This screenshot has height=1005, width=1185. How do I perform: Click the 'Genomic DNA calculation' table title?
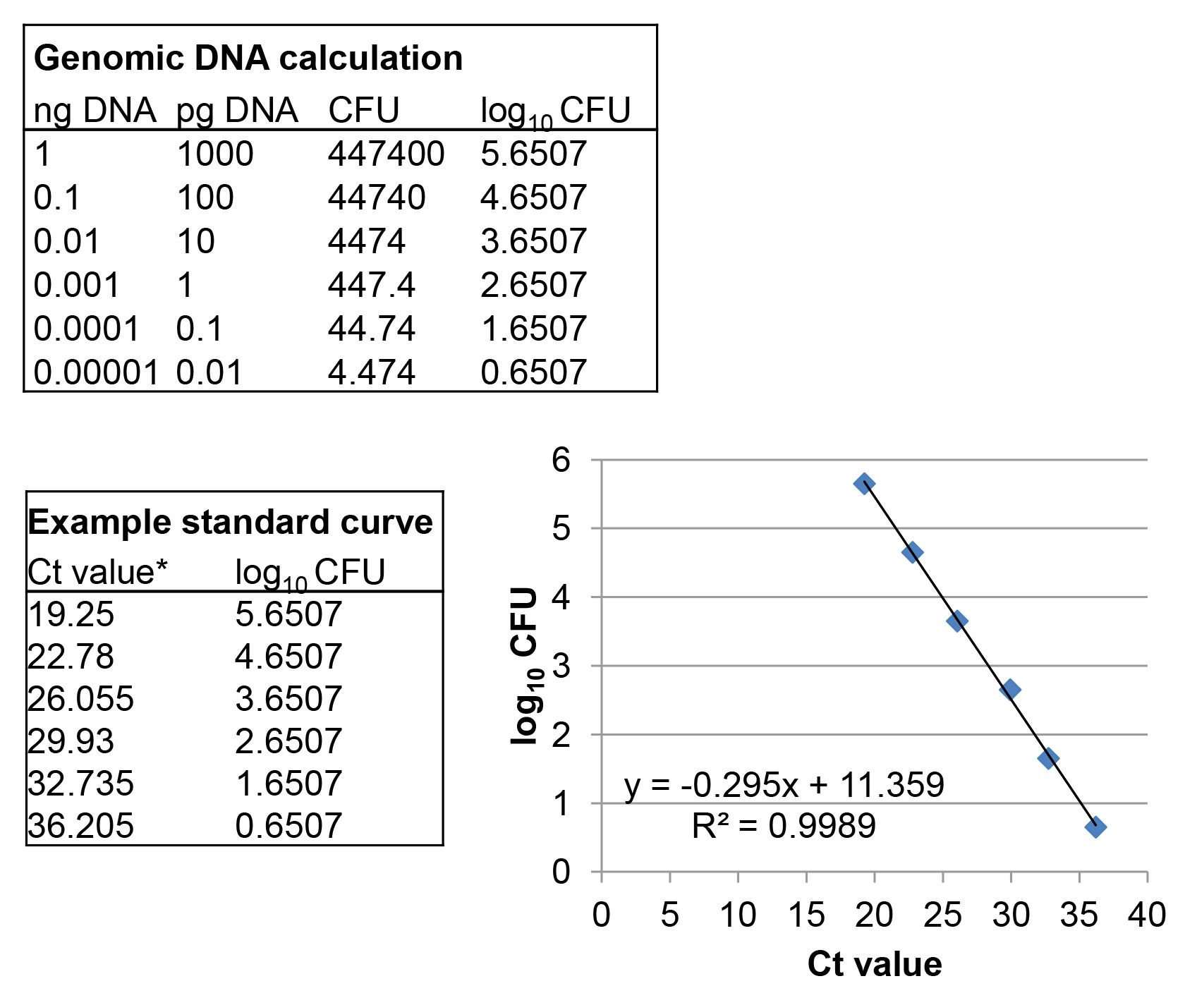click(x=248, y=58)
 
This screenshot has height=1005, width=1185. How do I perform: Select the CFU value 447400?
click(x=386, y=154)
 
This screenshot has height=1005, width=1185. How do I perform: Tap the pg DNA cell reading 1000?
click(x=214, y=154)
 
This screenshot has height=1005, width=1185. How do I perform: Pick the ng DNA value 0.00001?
click(x=96, y=372)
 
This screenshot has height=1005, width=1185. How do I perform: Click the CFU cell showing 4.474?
click(x=371, y=372)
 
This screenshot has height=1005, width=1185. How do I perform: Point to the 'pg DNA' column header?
click(x=236, y=111)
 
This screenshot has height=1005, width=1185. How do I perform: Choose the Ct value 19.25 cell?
click(x=71, y=614)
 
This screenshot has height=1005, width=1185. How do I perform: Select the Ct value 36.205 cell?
click(x=80, y=826)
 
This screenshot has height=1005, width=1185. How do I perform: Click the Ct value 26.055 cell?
click(x=80, y=699)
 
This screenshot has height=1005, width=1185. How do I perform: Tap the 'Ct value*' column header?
click(x=97, y=572)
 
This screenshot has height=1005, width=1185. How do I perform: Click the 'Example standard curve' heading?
click(x=230, y=523)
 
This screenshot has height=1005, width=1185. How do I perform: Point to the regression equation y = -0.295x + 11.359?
click(x=784, y=784)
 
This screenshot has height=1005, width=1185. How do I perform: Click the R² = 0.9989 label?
click(x=784, y=825)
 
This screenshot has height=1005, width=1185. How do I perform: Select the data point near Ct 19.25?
click(x=864, y=484)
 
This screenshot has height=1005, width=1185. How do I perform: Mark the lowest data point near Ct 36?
click(x=1095, y=827)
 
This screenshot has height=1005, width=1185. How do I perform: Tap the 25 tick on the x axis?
click(x=942, y=915)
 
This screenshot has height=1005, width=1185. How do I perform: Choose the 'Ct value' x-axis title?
click(x=874, y=964)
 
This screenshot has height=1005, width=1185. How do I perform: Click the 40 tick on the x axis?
click(x=1147, y=915)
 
